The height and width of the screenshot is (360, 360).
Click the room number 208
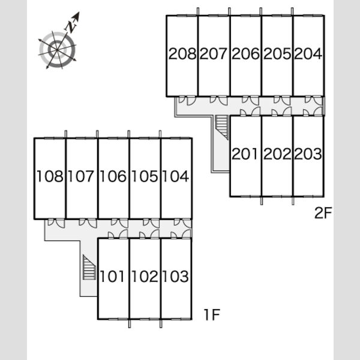182,54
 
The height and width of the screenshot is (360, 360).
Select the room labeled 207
214,54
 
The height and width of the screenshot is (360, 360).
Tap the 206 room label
245,54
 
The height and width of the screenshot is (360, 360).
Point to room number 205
277,54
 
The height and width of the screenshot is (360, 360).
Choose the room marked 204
308,54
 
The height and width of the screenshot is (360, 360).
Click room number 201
245,154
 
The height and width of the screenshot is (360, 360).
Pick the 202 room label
277,154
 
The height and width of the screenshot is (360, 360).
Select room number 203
308,154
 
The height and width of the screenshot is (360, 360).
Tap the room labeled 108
50,176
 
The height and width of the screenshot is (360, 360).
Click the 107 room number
81,176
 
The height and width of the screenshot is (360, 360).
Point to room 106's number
113,176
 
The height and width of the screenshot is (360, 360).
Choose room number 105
145,176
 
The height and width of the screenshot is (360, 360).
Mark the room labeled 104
176,176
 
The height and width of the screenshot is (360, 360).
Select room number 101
113,276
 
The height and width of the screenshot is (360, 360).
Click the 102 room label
145,276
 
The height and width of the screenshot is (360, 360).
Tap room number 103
176,276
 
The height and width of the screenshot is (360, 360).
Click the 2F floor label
323,213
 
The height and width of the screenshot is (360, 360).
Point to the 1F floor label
212,314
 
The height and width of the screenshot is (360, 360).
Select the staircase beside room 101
89,267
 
